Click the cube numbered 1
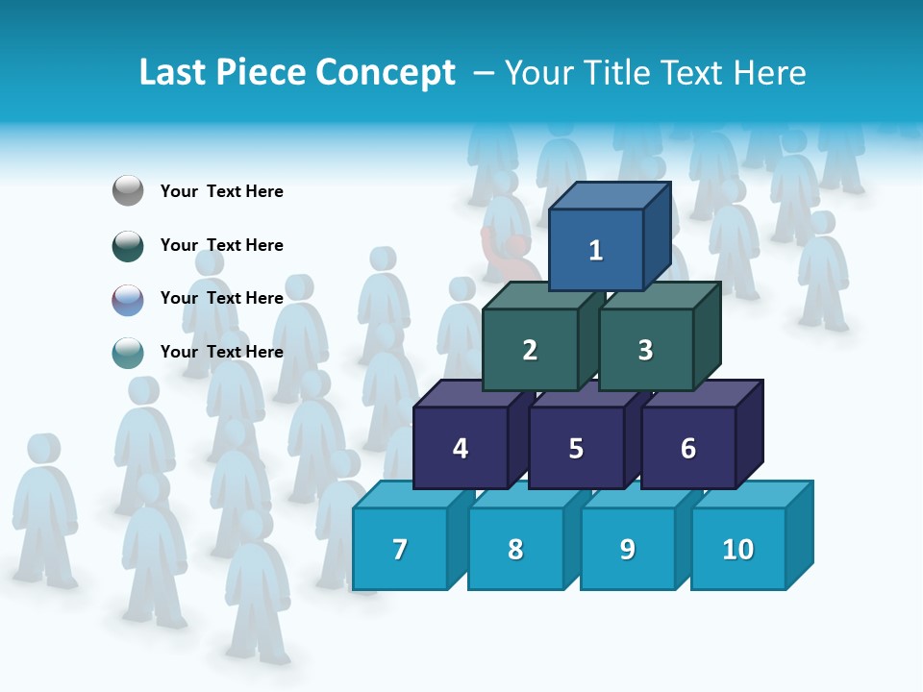(596, 250)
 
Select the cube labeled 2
(530, 350)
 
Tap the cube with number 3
(645, 350)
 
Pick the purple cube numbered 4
(461, 448)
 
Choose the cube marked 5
(576, 448)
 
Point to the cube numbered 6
(688, 448)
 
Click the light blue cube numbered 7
(400, 549)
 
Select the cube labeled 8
(515, 549)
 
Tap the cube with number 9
(627, 549)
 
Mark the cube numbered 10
(737, 549)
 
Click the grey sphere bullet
(128, 191)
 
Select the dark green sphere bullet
(128, 245)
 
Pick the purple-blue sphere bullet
(128, 299)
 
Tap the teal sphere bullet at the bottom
(128, 352)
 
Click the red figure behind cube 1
(508, 252)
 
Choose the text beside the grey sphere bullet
(222, 191)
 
